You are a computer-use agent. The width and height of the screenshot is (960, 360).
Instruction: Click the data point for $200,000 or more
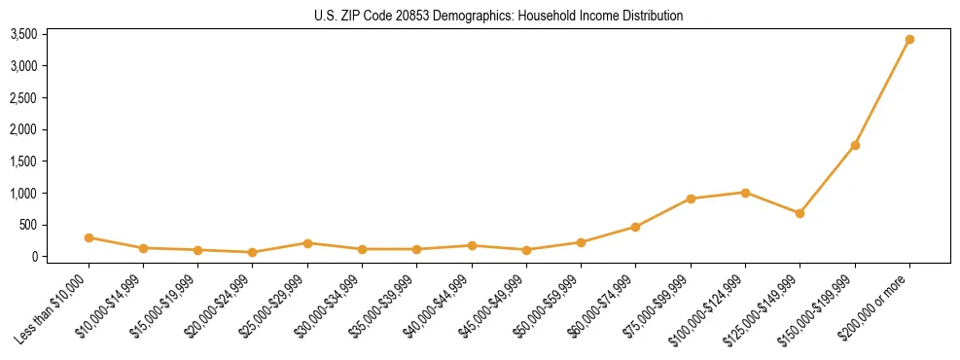[909, 40]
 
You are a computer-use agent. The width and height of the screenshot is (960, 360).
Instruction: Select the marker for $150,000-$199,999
[855, 145]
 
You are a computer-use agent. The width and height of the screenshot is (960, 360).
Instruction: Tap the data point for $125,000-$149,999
[800, 213]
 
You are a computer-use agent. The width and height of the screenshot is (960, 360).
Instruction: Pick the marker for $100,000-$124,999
[745, 193]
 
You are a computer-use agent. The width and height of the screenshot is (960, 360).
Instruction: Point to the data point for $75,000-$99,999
[691, 198]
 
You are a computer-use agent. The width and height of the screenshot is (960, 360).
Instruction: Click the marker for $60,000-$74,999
[635, 227]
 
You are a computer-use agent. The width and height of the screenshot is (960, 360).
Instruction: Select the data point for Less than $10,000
[89, 237]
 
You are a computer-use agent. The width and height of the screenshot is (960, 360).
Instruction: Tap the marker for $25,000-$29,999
[307, 243]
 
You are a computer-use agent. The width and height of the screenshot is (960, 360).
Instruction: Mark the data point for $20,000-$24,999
[253, 252]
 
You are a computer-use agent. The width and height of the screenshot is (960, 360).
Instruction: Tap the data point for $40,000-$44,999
[472, 245]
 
